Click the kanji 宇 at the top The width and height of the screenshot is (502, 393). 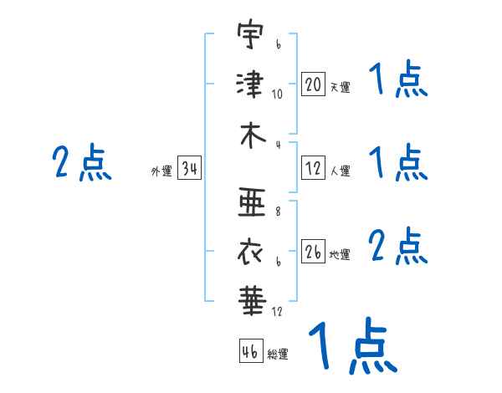click(250, 33)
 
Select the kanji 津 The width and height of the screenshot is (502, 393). click(250, 84)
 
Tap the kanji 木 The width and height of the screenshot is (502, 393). click(253, 135)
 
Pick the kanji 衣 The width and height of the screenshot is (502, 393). click(250, 253)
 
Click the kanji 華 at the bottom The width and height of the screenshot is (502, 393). click(253, 301)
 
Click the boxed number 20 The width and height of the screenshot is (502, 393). click(313, 84)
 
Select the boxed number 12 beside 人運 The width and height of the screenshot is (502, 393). click(313, 168)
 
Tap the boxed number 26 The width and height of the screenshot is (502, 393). click(313, 251)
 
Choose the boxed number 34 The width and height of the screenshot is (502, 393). click(189, 168)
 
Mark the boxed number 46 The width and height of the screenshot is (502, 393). click(251, 350)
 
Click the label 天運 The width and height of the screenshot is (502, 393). click(341, 87)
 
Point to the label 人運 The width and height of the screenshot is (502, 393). click(341, 171)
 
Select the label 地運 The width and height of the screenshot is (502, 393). click(340, 254)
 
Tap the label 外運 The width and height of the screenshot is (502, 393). click(161, 171)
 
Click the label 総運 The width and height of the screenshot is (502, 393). click(278, 354)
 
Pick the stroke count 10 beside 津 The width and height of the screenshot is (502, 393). click(277, 94)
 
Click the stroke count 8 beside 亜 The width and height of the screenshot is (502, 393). click(278, 212)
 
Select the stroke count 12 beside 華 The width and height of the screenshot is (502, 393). click(277, 311)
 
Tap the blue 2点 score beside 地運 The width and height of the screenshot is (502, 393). click(398, 246)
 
